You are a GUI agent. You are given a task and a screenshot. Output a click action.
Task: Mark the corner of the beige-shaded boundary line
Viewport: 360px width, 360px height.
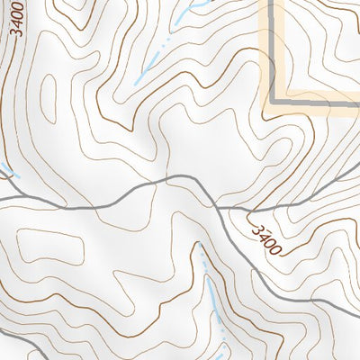[270, 107]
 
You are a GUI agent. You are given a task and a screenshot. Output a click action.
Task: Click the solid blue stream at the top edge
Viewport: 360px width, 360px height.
[189, 9]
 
